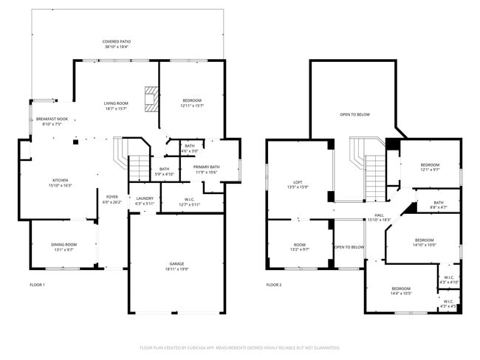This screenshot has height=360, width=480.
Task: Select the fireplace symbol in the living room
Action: click(151, 99)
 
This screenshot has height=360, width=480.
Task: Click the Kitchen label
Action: click(60, 182)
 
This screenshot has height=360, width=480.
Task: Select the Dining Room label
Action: click(64, 246)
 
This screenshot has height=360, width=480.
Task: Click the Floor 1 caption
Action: click(37, 285)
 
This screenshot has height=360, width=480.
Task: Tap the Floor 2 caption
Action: click(273, 285)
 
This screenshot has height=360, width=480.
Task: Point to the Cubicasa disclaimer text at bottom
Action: click(240, 347)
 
